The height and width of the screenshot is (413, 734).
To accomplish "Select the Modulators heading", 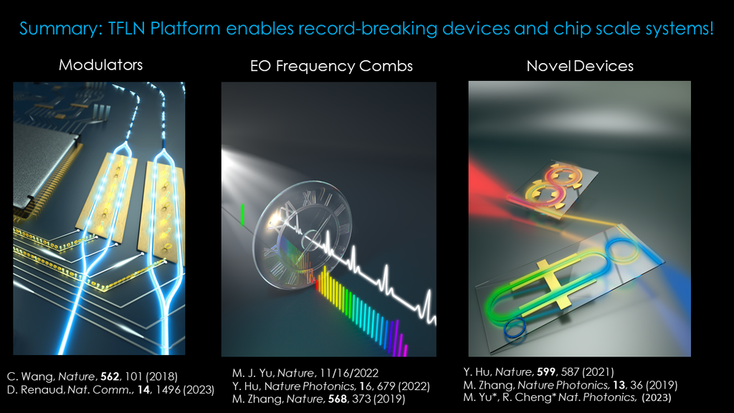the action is tap(100, 65).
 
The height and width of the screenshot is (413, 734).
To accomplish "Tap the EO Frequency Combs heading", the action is tap(331, 66).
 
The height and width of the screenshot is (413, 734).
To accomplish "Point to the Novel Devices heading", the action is tap(579, 66).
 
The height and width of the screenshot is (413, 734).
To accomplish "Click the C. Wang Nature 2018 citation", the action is tap(92, 376).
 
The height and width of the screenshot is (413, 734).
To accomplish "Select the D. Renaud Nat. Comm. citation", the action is tap(110, 389).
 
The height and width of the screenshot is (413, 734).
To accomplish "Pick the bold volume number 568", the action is tap(338, 399).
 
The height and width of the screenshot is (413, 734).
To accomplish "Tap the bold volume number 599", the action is tap(546, 372).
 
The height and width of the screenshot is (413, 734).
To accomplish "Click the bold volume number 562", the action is tap(110, 376).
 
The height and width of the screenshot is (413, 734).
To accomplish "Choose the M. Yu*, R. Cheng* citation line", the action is tap(568, 397).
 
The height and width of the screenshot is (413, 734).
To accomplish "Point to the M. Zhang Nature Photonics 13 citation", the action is tap(571, 385).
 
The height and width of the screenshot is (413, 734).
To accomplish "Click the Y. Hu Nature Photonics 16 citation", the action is tap(331, 386).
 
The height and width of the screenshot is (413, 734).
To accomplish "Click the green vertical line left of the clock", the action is tap(242, 214).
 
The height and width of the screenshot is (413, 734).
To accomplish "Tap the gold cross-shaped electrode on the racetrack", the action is tap(556, 285).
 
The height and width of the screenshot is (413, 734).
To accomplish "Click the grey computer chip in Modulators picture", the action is tap(42, 164).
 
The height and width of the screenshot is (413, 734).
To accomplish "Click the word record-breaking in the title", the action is tap(368, 29).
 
